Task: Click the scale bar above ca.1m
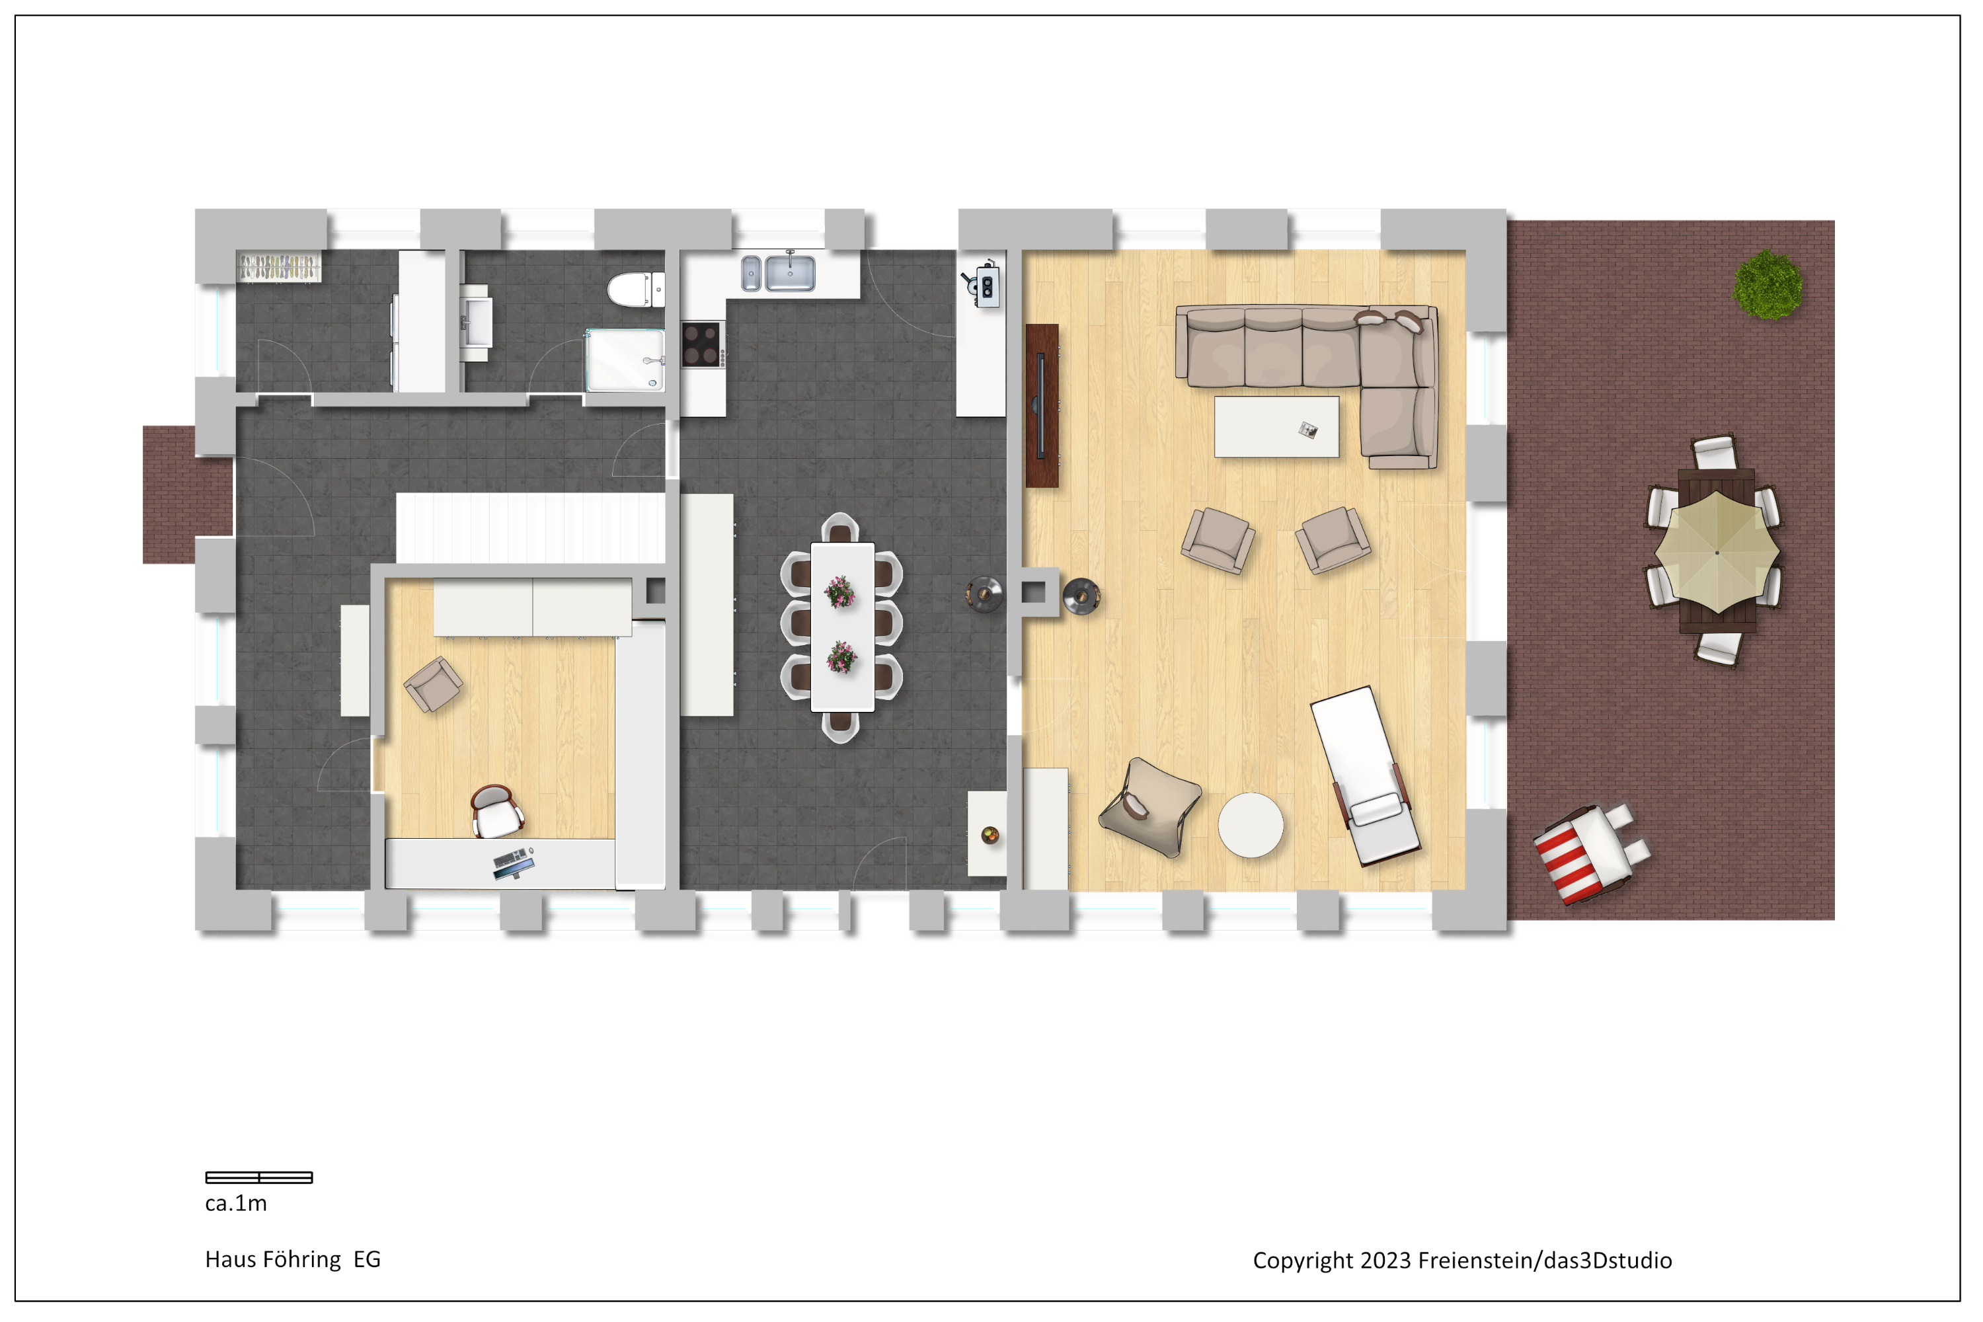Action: (259, 1177)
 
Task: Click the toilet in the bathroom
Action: (636, 290)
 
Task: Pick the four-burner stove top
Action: (701, 344)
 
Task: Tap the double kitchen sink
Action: (777, 272)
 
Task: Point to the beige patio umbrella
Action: (1717, 552)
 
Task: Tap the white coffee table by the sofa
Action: (1276, 426)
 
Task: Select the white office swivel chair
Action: (496, 811)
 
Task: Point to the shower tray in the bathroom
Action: (625, 360)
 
